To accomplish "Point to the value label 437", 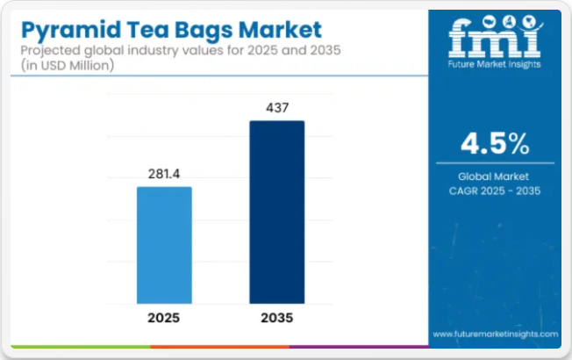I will pos(276,108).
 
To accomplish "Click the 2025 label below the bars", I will pos(164,317).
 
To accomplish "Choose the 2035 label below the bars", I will pos(276,317).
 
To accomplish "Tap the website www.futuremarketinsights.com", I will pos(495,335).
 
